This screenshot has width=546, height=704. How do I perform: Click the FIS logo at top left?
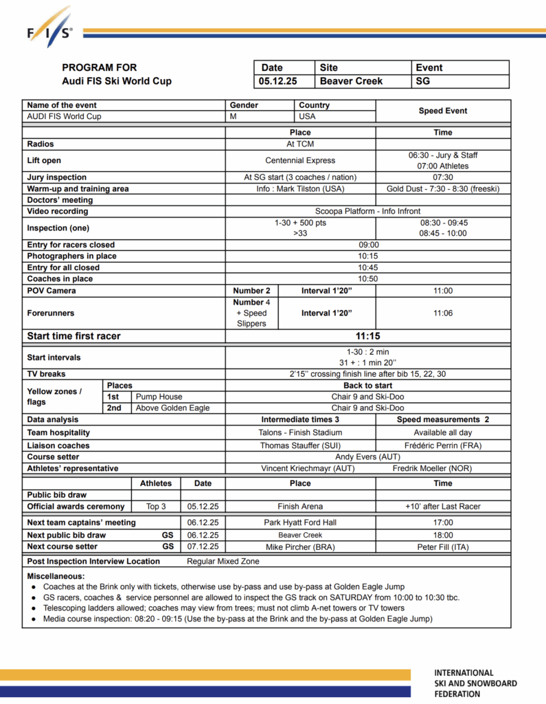click(49, 27)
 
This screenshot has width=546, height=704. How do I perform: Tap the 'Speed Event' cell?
click(443, 111)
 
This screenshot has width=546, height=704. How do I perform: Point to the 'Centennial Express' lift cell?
click(300, 160)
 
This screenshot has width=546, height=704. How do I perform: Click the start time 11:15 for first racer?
click(368, 336)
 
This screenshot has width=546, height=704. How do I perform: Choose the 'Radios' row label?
click(41, 144)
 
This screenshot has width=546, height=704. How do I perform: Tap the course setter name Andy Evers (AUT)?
click(367, 456)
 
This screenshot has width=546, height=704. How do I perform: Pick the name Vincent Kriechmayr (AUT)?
click(300, 468)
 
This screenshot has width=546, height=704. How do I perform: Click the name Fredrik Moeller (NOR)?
click(443, 468)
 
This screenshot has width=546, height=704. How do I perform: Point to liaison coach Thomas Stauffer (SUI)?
click(300, 445)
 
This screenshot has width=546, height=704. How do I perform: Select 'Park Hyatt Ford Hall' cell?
click(300, 522)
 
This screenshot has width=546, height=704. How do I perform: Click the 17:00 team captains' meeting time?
click(443, 522)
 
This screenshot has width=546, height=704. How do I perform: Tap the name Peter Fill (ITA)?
click(443, 547)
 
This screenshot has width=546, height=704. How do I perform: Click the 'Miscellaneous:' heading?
click(56, 575)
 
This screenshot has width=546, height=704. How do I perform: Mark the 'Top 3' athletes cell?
click(156, 507)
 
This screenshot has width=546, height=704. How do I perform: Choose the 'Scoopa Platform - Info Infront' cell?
click(367, 211)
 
